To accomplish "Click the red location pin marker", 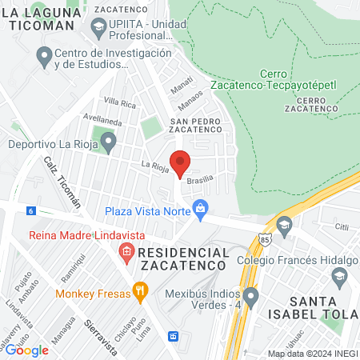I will coord(180,162).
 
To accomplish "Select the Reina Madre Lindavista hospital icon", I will coord(126,254).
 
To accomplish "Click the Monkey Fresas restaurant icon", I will coord(140,292).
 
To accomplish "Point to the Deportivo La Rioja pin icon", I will coord(108,145).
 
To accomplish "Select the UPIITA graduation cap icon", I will coord(98,26).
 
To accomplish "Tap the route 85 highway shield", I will coord(266,238).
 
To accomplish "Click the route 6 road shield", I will coord(30,210).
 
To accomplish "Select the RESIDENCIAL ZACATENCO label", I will coord(183,258).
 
